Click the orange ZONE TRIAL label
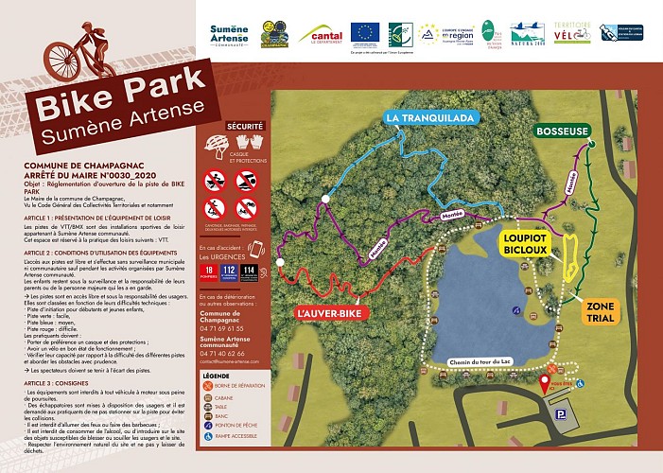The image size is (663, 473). tap(601, 313)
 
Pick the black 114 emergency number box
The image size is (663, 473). tap(249, 272)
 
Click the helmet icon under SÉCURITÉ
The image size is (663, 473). tap(217, 145)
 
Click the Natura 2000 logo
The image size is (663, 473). tap(526, 35)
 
